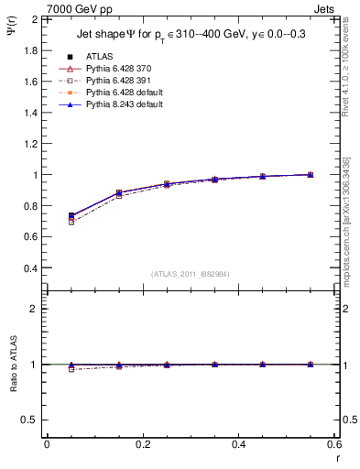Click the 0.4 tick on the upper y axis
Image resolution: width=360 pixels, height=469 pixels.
31,268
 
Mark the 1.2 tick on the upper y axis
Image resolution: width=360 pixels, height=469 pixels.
31,144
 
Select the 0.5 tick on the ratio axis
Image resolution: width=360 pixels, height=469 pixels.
30,420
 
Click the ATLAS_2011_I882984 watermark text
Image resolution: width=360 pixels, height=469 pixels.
191,274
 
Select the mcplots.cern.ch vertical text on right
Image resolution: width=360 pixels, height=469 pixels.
351,229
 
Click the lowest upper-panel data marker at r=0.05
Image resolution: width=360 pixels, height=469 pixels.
71,223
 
